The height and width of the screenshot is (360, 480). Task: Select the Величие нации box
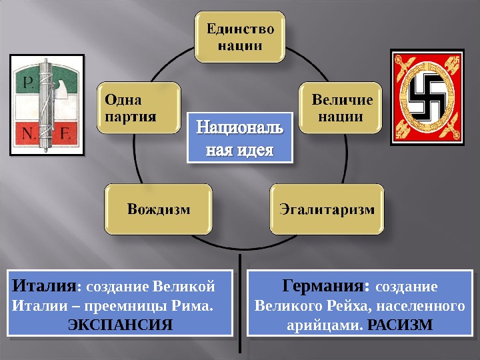pyautogui.click(x=341, y=109)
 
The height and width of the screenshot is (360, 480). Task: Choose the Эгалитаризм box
pyautogui.click(x=326, y=209)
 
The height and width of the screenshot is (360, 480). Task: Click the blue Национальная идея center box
pyautogui.click(x=240, y=138)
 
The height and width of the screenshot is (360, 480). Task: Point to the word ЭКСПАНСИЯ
pyautogui.click(x=120, y=325)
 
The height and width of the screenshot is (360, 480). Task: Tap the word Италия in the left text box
pyautogui.click(x=44, y=287)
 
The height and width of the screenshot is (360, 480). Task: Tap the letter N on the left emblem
pyautogui.click(x=29, y=133)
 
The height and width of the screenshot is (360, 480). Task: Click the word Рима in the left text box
pyautogui.click(x=194, y=307)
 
